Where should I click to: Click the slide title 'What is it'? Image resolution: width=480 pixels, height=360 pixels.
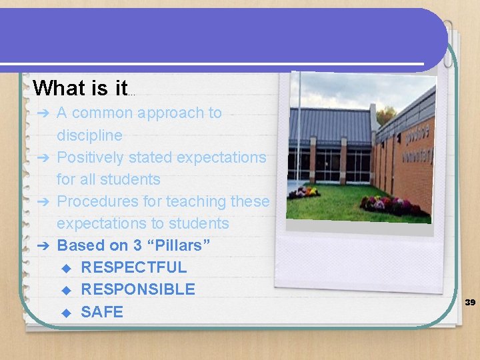79,88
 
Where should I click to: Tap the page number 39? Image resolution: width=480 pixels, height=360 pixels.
470,303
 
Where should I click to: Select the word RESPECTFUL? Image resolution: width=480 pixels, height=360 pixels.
133,267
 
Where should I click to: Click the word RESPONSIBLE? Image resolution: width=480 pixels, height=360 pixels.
138,289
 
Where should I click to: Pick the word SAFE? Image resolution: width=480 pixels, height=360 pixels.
102,311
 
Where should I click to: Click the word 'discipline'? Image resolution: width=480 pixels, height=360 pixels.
89,135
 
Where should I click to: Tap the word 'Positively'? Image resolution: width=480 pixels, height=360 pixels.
89,157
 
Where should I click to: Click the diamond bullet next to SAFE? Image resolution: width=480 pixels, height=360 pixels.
65,312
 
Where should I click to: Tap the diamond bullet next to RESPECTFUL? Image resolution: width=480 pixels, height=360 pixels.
65,268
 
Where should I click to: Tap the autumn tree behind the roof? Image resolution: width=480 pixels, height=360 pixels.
385,115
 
